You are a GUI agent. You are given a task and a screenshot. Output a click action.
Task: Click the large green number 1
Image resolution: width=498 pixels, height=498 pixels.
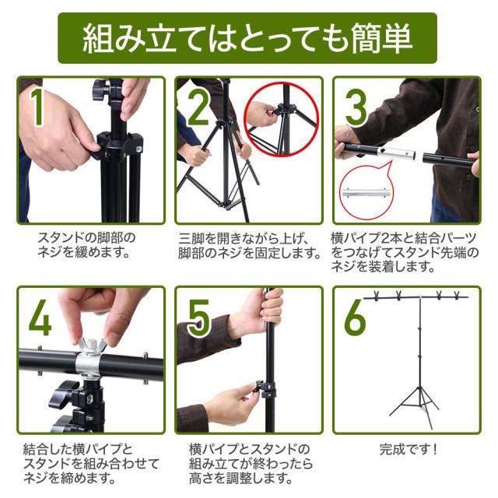click(x=37, y=107)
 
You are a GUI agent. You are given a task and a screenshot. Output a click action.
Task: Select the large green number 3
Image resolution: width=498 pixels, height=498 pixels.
click(x=356, y=107)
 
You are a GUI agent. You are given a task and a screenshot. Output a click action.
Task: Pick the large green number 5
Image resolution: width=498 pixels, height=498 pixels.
click(x=198, y=318)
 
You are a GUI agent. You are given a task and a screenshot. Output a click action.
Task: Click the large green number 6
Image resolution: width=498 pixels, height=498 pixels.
click(x=356, y=317)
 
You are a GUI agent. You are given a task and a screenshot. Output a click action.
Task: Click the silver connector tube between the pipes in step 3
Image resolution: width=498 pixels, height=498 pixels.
click(x=398, y=154)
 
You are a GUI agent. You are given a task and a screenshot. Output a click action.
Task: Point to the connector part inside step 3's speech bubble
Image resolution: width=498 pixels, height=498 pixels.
click(x=366, y=192)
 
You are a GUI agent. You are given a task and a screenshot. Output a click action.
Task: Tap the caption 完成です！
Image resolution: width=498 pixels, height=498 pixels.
click(x=409, y=450)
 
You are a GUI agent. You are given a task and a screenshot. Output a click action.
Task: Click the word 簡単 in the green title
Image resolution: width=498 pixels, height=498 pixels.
click(x=382, y=38)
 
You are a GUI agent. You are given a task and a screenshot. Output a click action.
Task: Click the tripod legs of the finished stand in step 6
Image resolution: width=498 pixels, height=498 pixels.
click(x=415, y=406)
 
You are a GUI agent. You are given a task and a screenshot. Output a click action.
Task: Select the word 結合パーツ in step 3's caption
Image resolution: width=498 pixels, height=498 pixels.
click(x=443, y=239)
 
